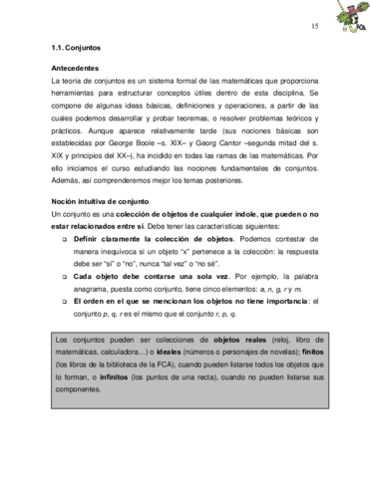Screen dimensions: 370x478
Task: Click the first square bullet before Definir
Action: click(x=65, y=242)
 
